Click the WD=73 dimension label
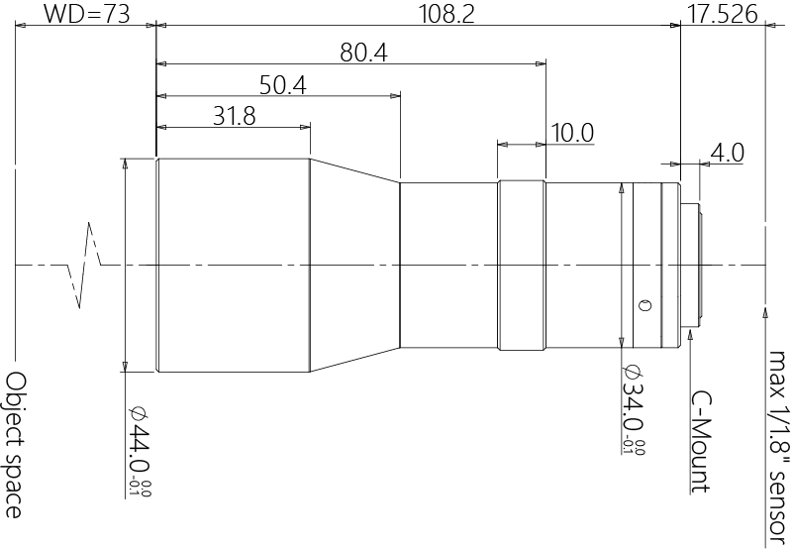click(x=86, y=14)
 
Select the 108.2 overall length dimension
click(x=447, y=14)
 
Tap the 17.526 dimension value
click(x=723, y=14)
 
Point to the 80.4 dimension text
click(x=363, y=53)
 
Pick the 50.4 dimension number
click(x=283, y=85)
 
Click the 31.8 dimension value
click(x=235, y=116)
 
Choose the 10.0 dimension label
click(x=572, y=134)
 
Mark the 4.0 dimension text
click(x=728, y=153)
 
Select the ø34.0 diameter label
click(x=633, y=409)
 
